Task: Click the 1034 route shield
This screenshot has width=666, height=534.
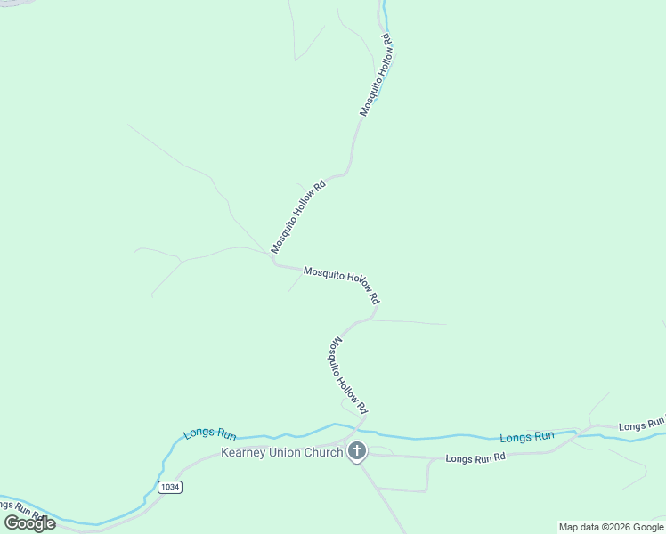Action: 171,488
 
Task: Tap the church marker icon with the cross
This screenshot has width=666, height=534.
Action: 357,452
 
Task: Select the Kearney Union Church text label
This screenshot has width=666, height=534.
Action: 281,453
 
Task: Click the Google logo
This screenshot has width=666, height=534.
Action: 30,522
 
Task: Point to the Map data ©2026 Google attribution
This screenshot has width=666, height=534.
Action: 611,527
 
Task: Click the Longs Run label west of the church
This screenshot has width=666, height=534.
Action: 210,435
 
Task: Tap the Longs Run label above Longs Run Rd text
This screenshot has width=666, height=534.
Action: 527,436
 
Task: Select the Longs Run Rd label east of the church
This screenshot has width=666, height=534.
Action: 475,458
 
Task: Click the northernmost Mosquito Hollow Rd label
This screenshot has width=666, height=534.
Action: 376,75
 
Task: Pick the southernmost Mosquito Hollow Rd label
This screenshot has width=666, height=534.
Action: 350,375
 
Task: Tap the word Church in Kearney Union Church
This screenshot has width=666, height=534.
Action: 323,453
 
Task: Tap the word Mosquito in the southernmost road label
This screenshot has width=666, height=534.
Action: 338,352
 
